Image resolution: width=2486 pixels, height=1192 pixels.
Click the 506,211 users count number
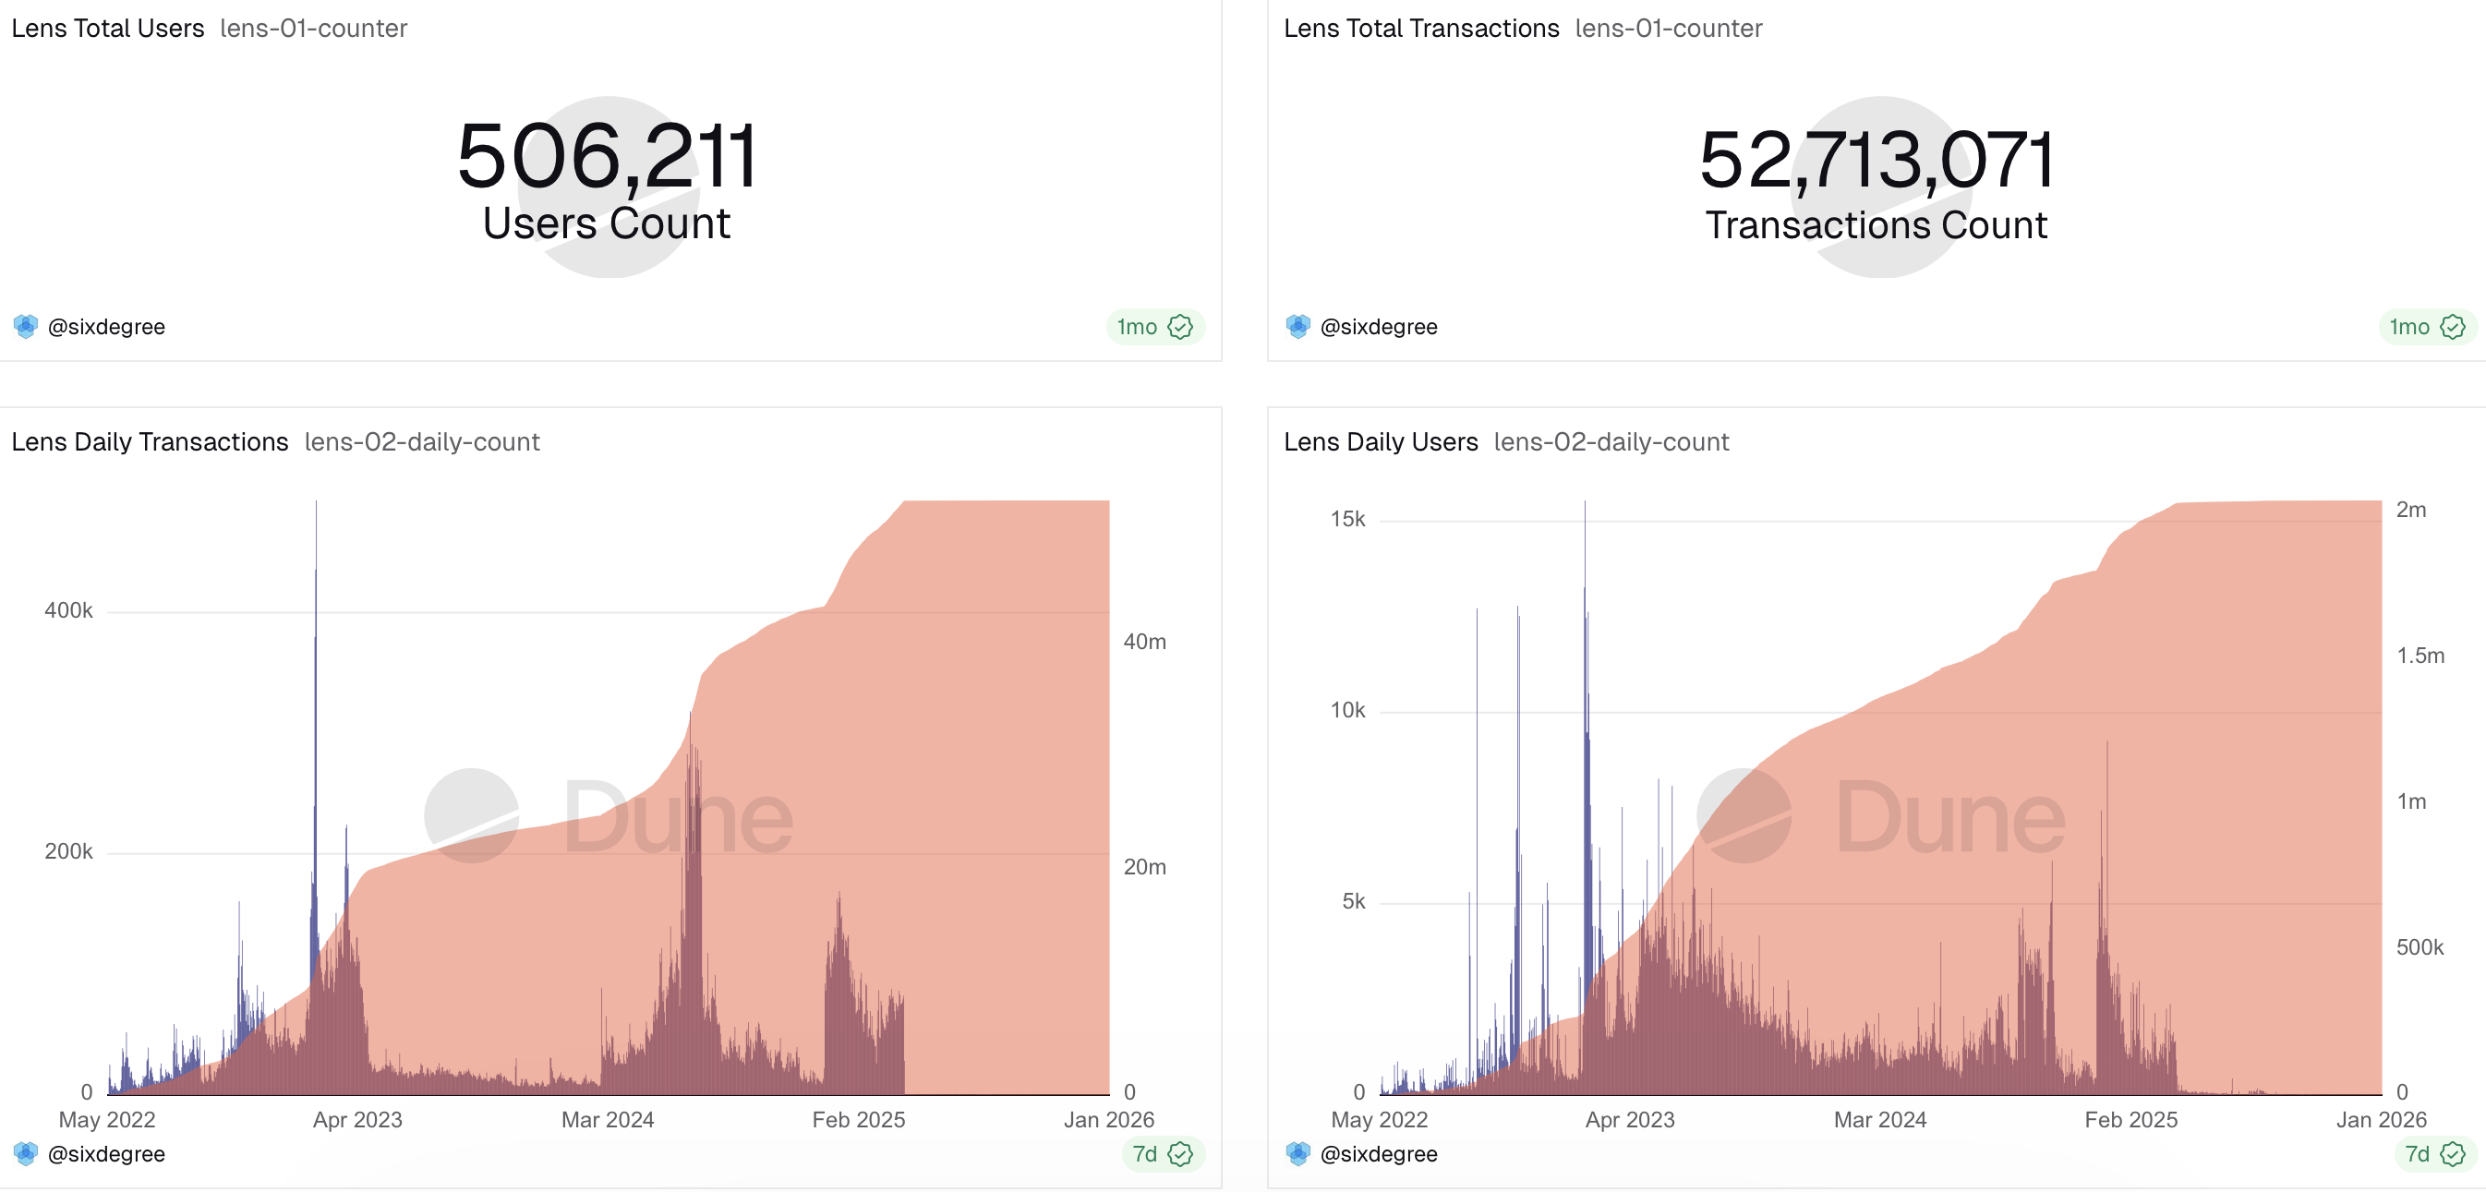pyautogui.click(x=607, y=156)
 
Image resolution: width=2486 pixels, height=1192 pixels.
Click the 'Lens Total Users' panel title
pyautogui.click(x=108, y=28)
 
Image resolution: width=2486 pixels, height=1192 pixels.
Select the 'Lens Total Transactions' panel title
pyautogui.click(x=1420, y=28)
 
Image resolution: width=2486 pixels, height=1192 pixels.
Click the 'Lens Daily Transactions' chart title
pyautogui.click(x=150, y=441)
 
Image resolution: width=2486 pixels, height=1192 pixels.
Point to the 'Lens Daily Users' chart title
pyautogui.click(x=1380, y=441)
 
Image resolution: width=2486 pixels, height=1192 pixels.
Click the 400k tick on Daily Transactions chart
pyautogui.click(x=68, y=610)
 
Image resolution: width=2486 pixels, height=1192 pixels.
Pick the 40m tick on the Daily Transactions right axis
pyautogui.click(x=1144, y=642)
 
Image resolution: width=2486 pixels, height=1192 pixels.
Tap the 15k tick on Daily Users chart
pyautogui.click(x=1347, y=519)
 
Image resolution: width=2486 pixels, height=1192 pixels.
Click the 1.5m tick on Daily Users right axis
pyautogui.click(x=2420, y=656)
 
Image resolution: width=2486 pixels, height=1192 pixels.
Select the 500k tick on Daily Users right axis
pyautogui.click(x=2420, y=946)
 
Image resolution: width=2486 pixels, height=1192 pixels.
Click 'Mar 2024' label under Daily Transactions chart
pyautogui.click(x=608, y=1120)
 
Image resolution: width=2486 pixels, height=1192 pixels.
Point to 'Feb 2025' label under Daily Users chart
pyautogui.click(x=2130, y=1120)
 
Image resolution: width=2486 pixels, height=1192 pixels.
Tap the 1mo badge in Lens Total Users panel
pyautogui.click(x=1154, y=327)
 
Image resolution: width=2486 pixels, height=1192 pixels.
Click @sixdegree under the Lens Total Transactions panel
pyautogui.click(x=1378, y=327)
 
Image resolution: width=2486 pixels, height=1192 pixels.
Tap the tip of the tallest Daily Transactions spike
pyautogui.click(x=316, y=503)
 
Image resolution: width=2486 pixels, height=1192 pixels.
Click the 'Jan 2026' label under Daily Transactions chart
pyautogui.click(x=1109, y=1120)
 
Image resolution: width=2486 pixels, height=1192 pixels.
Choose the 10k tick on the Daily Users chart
pyautogui.click(x=1347, y=710)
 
